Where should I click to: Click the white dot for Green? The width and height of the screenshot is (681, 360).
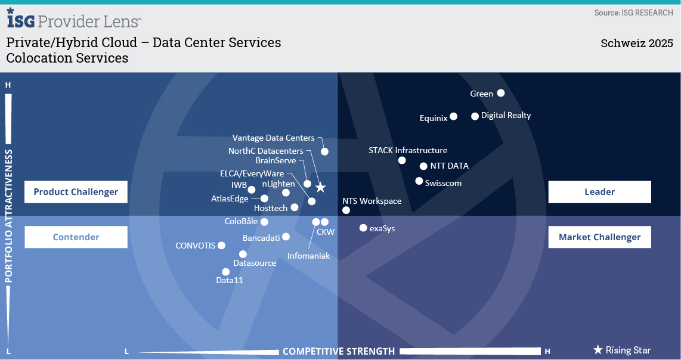(501, 93)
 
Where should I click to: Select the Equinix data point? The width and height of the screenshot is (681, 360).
(454, 116)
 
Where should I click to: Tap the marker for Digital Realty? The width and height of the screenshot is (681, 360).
(475, 116)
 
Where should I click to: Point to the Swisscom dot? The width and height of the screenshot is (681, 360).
(419, 181)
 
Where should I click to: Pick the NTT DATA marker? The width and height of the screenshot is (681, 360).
(424, 166)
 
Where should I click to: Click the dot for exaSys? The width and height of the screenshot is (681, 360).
(363, 228)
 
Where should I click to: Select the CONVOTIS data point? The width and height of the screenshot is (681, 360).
(221, 246)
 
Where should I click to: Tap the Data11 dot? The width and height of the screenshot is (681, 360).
(225, 272)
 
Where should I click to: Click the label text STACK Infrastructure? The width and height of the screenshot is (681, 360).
(408, 150)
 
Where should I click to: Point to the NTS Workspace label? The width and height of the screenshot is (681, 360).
(372, 201)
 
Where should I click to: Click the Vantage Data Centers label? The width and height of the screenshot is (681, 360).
(273, 138)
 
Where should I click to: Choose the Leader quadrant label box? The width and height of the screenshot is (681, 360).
(599, 192)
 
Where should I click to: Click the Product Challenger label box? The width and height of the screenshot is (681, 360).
(76, 192)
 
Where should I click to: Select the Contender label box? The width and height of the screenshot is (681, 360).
(76, 237)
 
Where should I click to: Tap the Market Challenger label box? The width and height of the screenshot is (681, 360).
(599, 237)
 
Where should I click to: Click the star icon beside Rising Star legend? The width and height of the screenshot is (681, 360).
(598, 350)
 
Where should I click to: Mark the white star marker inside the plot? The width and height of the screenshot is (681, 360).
(320, 188)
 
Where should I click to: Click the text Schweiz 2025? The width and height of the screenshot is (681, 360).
(637, 44)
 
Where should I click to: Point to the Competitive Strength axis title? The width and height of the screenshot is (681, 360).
(339, 351)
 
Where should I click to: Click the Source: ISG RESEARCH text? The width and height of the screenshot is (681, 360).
(633, 13)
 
